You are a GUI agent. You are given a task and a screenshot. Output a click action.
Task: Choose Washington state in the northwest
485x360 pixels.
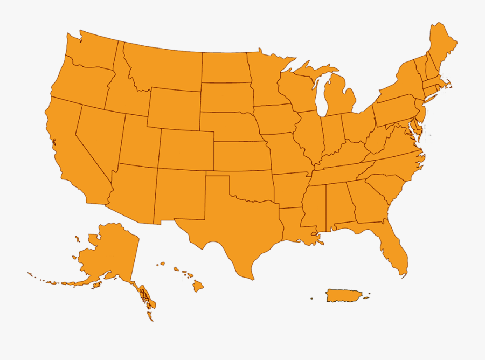[x=92, y=51]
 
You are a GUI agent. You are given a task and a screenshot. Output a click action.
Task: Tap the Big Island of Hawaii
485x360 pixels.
[x=198, y=286]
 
